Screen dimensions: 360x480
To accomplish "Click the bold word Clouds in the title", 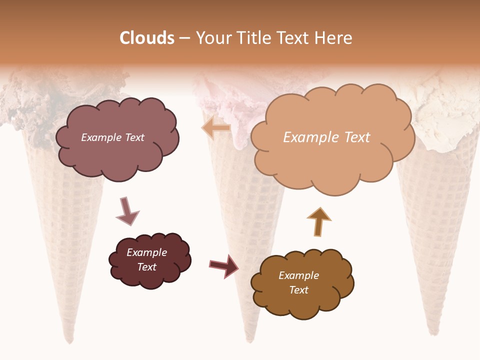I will [147, 38].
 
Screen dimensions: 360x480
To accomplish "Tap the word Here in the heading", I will [334, 38].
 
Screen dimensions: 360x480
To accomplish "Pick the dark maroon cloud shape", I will [149, 260].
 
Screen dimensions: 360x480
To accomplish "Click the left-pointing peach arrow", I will [215, 128].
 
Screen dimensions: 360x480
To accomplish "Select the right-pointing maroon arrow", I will [224, 265].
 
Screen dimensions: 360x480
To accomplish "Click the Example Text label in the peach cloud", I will [326, 137].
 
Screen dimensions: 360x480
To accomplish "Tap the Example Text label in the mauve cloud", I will [112, 137].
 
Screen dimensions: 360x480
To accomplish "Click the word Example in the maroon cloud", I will [146, 252].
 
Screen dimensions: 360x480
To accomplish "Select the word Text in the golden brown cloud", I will [298, 290].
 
